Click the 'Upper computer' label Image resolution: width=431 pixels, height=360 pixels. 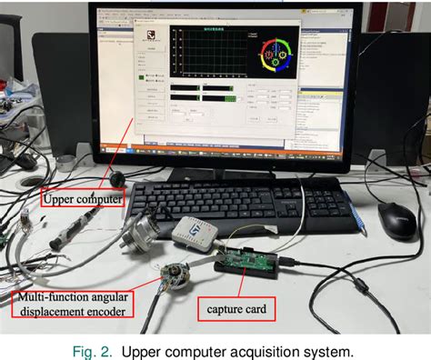pos(82,195)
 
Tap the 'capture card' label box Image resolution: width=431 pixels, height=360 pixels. pos(236,310)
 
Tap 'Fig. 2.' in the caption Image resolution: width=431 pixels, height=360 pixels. pos(94,350)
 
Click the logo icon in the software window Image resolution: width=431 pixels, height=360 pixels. pos(151,35)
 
